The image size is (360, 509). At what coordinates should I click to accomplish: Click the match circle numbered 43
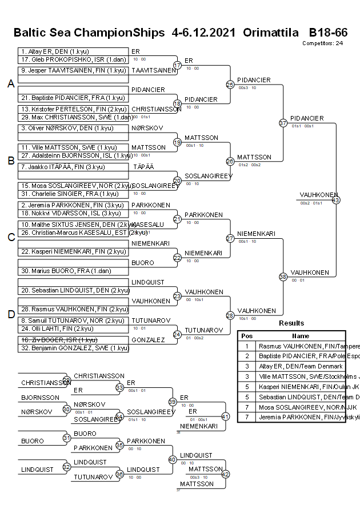click(336, 200)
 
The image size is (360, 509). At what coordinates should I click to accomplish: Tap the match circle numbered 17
click(177, 65)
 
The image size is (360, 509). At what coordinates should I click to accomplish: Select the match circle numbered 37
click(283, 123)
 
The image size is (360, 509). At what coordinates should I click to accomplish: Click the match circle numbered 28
click(230, 315)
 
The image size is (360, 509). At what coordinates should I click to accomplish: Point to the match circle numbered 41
click(225, 416)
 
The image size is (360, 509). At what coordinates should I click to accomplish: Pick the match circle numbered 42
click(225, 474)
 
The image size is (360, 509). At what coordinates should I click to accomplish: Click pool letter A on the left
click(11, 84)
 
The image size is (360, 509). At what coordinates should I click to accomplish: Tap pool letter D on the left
click(11, 314)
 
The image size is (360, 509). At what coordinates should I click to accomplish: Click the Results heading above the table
click(291, 323)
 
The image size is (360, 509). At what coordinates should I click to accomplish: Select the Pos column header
click(247, 336)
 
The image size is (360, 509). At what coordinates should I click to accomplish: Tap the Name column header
click(301, 336)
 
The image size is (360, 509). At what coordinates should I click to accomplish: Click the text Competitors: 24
click(323, 43)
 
